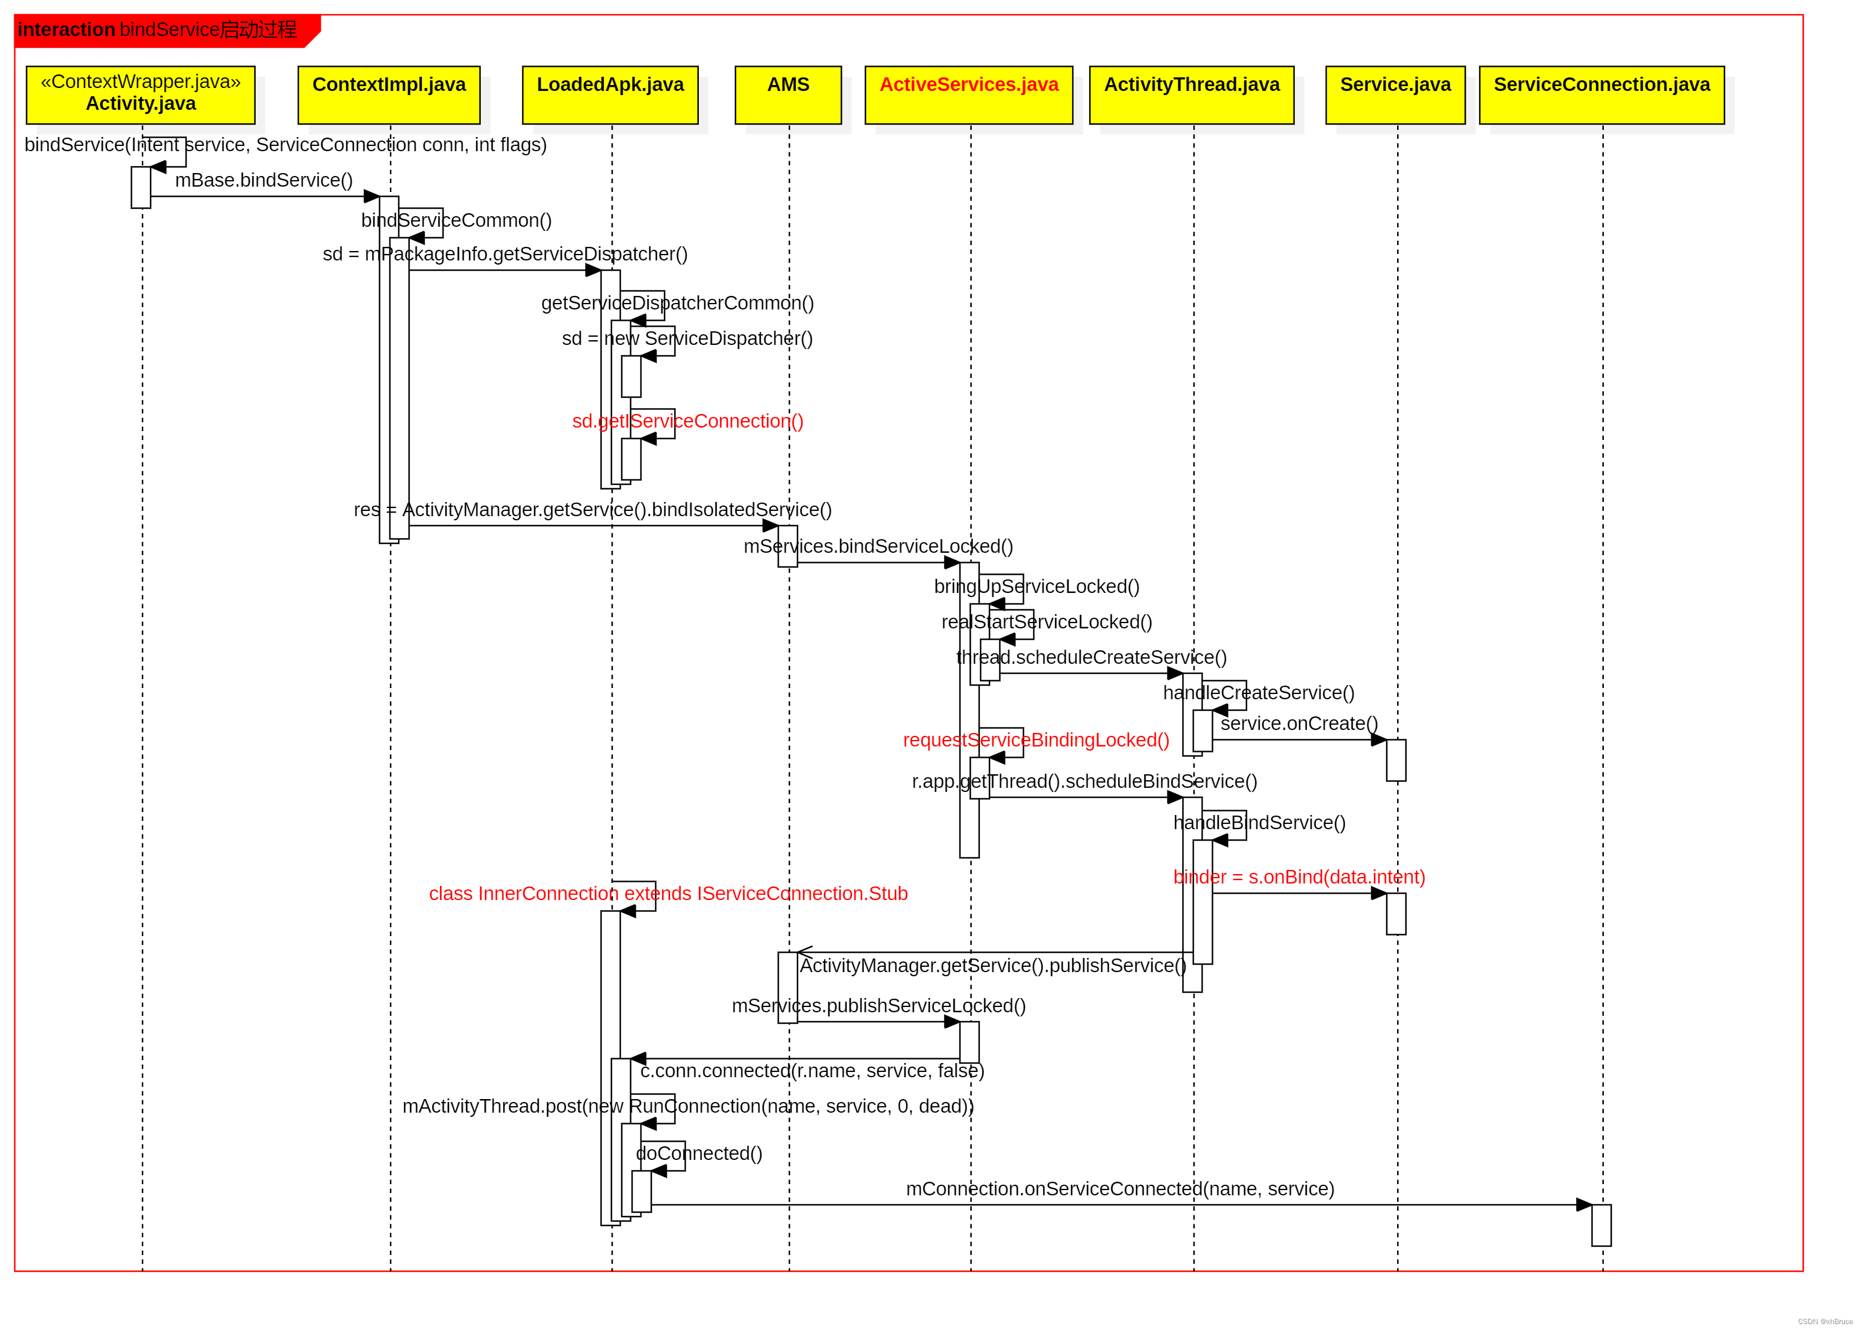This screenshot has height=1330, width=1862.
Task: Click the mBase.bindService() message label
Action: [264, 180]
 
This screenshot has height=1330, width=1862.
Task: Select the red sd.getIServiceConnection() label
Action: [687, 421]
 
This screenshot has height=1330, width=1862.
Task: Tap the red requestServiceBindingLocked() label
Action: [1036, 741]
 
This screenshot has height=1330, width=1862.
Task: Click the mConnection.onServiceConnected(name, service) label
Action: [1120, 1189]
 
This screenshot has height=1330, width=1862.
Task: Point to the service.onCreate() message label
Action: [1298, 724]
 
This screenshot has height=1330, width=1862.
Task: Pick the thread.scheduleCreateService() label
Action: [1091, 658]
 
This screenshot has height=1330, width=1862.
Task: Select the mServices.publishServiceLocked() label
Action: [878, 1006]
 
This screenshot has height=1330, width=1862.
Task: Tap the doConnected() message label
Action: [699, 1154]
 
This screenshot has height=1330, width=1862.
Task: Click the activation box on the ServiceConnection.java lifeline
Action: [1601, 1225]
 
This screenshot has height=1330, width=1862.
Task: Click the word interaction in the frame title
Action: [66, 30]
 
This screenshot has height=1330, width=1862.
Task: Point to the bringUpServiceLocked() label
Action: [1036, 586]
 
